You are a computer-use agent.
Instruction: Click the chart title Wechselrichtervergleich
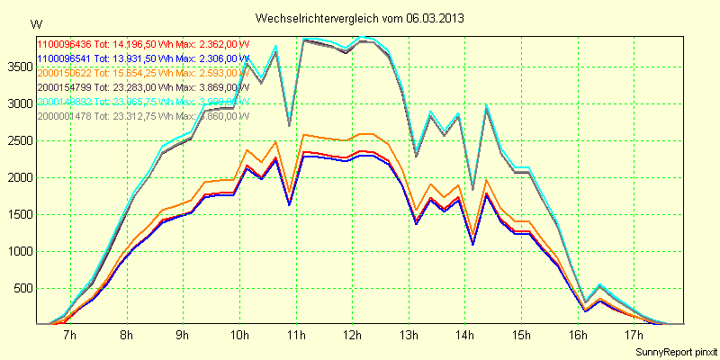[315, 18]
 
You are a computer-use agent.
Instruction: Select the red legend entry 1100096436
[64, 43]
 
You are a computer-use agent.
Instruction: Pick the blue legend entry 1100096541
[64, 58]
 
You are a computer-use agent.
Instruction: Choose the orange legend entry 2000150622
[64, 72]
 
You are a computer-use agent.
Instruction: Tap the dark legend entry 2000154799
[64, 86]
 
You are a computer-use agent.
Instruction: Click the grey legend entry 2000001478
[64, 115]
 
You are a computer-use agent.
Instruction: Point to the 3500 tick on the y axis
[18, 67]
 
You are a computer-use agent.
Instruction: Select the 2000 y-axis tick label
[18, 177]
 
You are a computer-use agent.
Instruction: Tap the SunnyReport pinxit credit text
[674, 350]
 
